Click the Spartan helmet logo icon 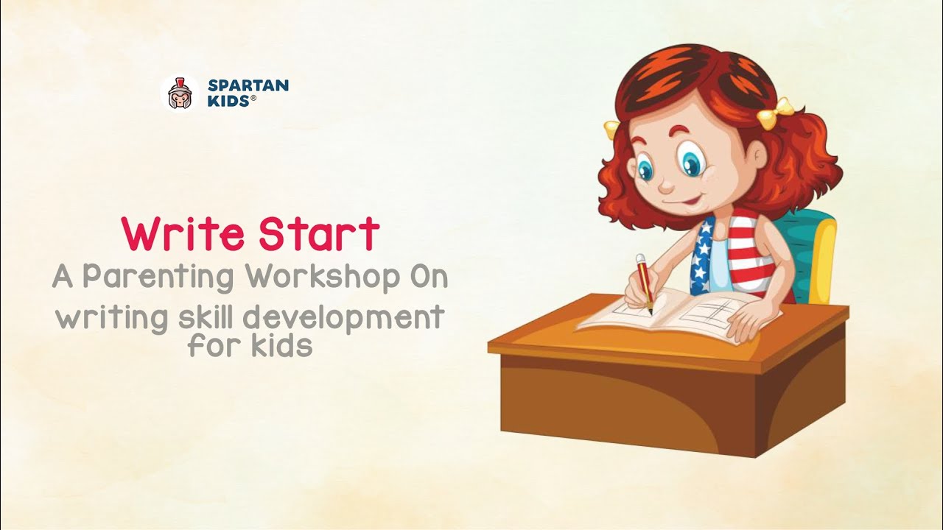point(179,93)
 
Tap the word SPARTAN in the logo point(248,85)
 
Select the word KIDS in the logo point(229,101)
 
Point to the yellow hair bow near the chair point(775,113)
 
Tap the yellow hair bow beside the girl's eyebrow point(611,130)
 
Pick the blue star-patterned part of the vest point(703,254)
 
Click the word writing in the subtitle point(104,319)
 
